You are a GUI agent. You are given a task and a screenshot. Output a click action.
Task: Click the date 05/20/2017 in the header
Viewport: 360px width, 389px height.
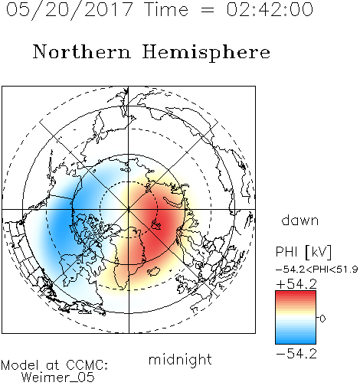point(69,10)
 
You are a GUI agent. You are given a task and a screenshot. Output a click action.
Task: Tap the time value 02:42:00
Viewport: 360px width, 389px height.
point(270,9)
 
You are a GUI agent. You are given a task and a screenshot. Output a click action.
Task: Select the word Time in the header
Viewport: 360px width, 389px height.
point(166,9)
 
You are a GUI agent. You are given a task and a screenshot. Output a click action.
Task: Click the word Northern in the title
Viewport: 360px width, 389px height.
point(82,51)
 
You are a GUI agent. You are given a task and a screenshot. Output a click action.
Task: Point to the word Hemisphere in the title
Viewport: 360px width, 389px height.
point(206,52)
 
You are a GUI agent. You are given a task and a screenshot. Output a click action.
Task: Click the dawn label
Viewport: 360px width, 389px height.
point(300,220)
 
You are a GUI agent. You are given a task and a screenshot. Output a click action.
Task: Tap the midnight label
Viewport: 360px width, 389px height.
point(180,359)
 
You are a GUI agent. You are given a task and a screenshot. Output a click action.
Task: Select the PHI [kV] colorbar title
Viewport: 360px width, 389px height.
point(303,252)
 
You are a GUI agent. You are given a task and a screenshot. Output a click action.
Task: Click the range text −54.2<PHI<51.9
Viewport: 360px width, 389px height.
point(317,270)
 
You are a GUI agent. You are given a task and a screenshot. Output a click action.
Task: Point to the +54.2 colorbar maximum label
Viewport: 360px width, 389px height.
point(296,284)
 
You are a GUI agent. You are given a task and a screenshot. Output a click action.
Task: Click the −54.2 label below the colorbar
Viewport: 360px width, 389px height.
point(296,354)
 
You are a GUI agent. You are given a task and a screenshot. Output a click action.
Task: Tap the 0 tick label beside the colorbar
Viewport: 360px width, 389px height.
point(322,319)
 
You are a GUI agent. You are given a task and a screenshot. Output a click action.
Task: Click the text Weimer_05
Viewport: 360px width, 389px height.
point(57,378)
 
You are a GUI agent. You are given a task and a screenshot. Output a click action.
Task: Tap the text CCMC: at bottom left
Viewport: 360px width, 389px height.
point(87,365)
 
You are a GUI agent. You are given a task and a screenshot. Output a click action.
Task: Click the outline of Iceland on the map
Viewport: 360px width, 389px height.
point(154,271)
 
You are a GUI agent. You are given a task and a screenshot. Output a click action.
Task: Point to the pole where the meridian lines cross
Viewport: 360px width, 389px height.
point(129,209)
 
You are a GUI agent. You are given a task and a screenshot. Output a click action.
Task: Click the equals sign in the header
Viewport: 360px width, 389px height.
point(207,11)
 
